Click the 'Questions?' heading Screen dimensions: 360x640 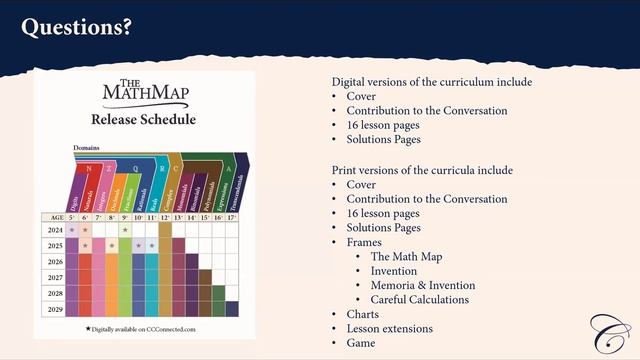(76, 27)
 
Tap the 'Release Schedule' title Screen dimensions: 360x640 (143, 120)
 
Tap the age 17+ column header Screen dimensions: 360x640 (232, 217)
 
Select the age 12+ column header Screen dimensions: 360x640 (165, 217)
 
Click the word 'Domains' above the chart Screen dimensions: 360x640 (86, 148)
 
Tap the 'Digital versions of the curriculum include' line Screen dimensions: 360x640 (432, 82)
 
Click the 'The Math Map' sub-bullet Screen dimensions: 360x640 (406, 257)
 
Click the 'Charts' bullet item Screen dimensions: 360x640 (363, 314)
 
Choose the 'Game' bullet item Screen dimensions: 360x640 (361, 342)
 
